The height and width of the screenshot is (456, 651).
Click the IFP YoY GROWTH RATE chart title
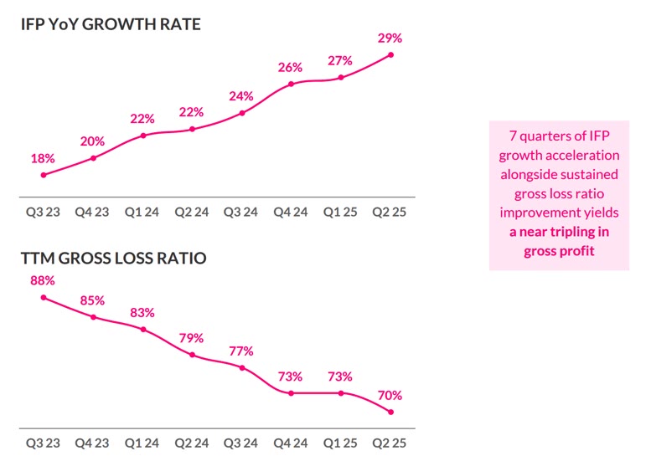(x=111, y=24)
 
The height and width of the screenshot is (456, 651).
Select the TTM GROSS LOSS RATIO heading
(x=113, y=259)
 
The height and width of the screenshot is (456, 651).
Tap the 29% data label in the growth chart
(x=390, y=38)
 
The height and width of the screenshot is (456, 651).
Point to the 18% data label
(x=43, y=158)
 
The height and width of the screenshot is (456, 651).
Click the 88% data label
(x=43, y=280)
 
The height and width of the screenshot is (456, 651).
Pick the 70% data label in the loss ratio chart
(x=390, y=395)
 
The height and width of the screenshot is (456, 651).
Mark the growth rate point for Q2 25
(x=390, y=55)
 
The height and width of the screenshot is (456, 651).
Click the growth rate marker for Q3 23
(x=43, y=175)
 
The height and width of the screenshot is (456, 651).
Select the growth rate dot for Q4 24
(x=291, y=84)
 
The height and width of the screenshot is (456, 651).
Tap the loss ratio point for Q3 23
(x=43, y=297)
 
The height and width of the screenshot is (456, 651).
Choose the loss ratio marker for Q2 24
(x=192, y=355)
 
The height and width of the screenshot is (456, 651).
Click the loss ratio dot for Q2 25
(x=390, y=412)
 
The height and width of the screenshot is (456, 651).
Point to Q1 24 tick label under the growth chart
(x=142, y=212)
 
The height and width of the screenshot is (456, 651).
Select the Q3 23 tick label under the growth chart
(x=43, y=212)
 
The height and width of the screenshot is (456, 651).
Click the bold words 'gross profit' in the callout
(x=559, y=251)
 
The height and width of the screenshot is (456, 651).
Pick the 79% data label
(x=192, y=338)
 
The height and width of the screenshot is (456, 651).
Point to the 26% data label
(x=291, y=67)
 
